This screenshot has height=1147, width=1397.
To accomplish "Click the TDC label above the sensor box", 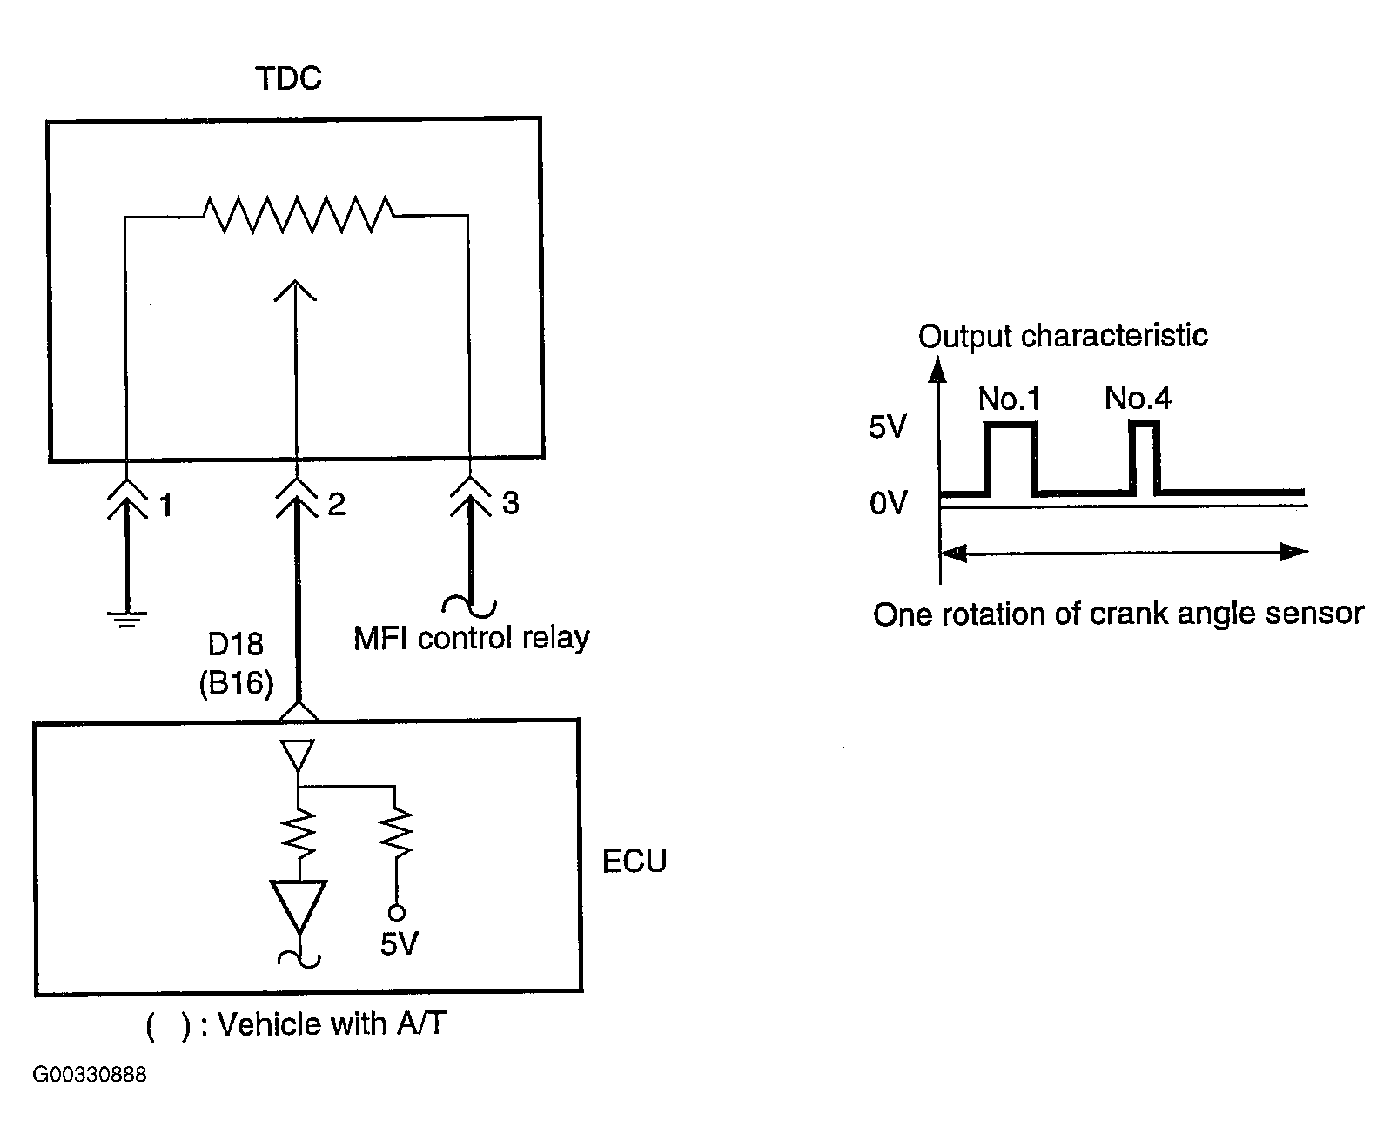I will click(x=289, y=78).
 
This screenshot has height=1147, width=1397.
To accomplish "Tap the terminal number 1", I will click(x=165, y=505).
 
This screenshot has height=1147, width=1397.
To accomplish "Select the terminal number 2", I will click(x=336, y=504).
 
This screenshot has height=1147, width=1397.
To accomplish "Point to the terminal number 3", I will click(x=511, y=502).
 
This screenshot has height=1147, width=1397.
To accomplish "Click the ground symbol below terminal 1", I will click(x=127, y=619).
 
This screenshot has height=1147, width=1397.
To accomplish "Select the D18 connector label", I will click(x=235, y=644).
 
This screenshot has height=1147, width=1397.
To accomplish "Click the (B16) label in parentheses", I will click(x=236, y=682).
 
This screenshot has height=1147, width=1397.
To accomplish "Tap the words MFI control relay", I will click(x=471, y=638).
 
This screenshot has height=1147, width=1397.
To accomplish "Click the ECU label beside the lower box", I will click(x=635, y=861).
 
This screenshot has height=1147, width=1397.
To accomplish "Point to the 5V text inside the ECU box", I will click(x=400, y=943).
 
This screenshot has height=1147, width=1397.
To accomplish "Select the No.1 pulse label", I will click(x=1009, y=399).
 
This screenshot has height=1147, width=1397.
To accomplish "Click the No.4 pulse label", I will click(x=1138, y=398).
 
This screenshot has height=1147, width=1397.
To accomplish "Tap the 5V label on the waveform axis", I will click(x=888, y=426).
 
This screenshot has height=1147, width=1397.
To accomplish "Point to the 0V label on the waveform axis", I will click(x=888, y=502).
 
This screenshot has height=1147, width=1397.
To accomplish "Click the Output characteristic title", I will click(x=1063, y=336).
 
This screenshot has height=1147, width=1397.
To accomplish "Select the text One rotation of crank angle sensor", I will click(x=1118, y=614).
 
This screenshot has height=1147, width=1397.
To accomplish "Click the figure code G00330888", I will click(x=90, y=1075).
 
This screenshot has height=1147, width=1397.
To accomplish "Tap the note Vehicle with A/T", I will click(x=296, y=1024).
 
